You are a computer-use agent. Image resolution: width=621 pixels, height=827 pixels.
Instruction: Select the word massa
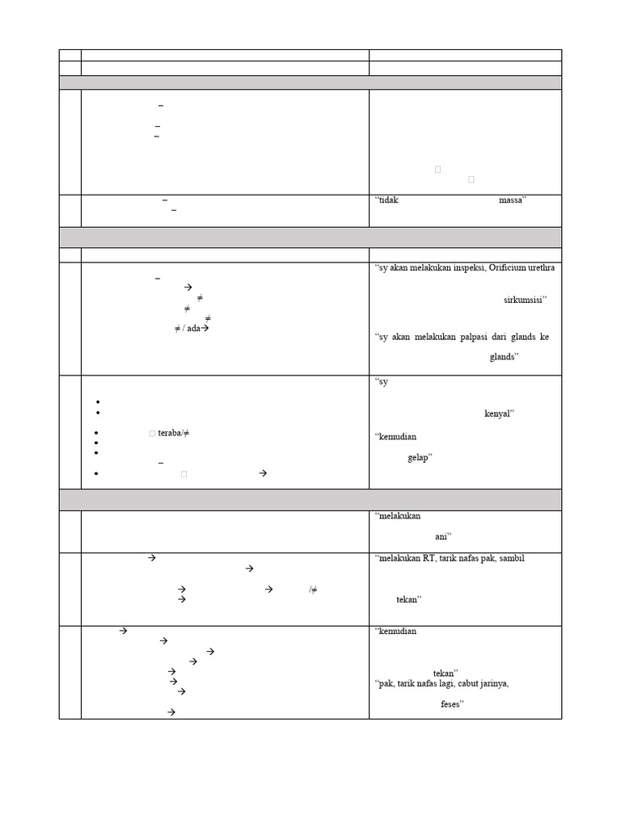tap(511, 200)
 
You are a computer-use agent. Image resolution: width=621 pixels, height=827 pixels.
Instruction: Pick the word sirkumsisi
tap(523, 300)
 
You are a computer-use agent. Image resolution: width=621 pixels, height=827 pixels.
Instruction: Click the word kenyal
tap(498, 413)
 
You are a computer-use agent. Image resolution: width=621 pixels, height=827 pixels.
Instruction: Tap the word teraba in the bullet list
tap(169, 433)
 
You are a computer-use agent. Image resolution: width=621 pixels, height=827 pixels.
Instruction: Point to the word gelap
tap(418, 457)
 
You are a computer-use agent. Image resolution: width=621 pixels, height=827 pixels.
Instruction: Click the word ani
tap(441, 536)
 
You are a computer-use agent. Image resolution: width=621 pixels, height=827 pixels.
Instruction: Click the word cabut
tap(467, 684)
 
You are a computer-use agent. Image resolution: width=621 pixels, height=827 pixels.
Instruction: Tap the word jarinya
tap(493, 684)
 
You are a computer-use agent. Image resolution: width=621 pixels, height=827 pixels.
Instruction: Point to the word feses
tap(450, 704)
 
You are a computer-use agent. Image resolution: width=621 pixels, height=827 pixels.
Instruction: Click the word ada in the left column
tap(192, 329)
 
